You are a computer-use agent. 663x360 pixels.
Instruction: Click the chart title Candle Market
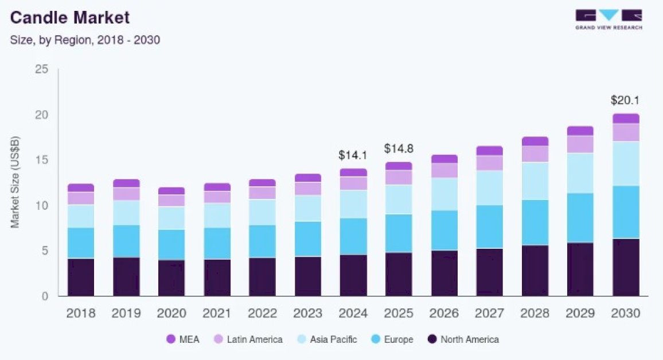[70, 18]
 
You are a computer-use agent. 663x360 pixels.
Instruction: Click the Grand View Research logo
[609, 19]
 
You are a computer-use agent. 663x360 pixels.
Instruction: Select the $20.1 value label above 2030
[625, 101]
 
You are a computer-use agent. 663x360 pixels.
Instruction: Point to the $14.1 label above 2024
[353, 155]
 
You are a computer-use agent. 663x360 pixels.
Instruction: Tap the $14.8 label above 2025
[399, 148]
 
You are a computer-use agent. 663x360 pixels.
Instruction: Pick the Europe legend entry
[392, 339]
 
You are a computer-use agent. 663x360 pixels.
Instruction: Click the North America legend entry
[463, 339]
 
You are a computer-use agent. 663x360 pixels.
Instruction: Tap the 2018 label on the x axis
[81, 314]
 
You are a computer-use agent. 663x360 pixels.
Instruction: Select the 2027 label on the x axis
[489, 314]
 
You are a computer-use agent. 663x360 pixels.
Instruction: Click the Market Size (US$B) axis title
[15, 182]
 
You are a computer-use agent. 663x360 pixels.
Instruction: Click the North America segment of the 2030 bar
[625, 267]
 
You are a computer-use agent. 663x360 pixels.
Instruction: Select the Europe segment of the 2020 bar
[171, 245]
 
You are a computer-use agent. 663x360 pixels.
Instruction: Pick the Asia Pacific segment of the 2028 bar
[535, 181]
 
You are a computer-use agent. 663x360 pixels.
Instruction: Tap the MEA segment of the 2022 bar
[262, 183]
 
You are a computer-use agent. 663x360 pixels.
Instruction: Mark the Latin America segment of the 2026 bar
[444, 170]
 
